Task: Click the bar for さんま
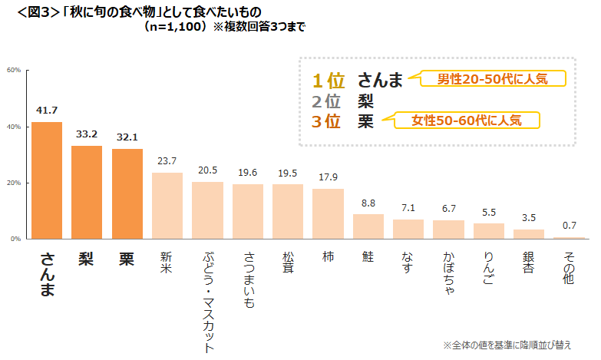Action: (x=47, y=180)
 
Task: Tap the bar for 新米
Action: (x=167, y=206)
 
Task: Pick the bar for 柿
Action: (x=328, y=214)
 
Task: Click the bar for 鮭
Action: (x=368, y=226)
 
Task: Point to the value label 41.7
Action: (x=47, y=110)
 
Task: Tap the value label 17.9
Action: (x=328, y=177)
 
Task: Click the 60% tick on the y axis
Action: (x=14, y=70)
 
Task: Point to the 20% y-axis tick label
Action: (x=14, y=183)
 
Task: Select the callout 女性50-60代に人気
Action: (x=466, y=121)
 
